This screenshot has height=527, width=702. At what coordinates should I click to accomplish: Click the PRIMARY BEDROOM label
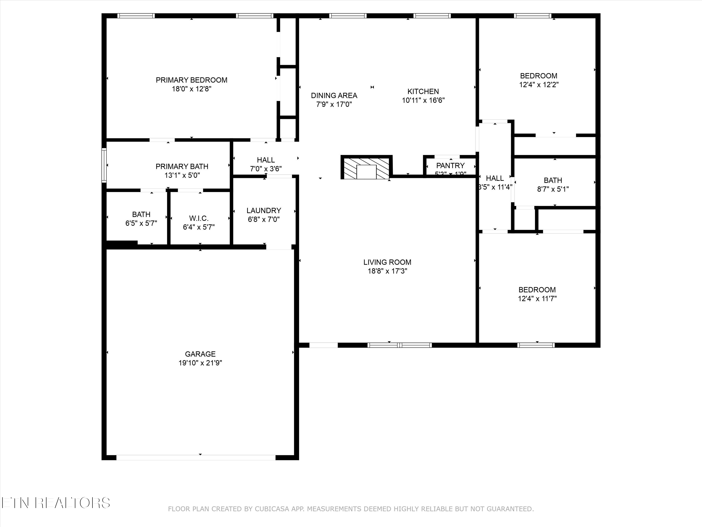coord(191,80)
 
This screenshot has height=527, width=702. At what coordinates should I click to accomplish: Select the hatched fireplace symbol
coord(366,167)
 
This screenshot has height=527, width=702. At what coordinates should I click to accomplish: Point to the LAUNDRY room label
coord(263,211)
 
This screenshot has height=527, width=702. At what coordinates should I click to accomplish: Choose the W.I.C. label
coord(199,218)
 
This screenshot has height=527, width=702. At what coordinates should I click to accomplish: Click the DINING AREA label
coord(334,95)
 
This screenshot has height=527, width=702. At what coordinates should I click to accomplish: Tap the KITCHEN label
coord(423,92)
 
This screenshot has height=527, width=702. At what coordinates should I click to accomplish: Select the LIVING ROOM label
coord(387,262)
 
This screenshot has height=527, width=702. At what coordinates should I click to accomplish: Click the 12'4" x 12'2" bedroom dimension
coord(539,85)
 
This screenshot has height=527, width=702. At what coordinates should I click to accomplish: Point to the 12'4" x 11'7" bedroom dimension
coord(537,299)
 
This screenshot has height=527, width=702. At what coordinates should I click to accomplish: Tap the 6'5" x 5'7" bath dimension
coord(141,223)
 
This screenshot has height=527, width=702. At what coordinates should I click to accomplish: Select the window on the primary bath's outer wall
coord(104,165)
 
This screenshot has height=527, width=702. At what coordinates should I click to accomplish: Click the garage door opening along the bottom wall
coord(196,457)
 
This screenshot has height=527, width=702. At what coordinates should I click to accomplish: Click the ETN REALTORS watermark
coord(55,503)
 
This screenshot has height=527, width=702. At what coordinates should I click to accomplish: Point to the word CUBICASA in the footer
coord(272,518)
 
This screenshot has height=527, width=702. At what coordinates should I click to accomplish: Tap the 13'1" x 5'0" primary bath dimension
coord(182,175)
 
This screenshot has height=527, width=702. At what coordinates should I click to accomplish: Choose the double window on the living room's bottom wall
coord(400,345)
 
